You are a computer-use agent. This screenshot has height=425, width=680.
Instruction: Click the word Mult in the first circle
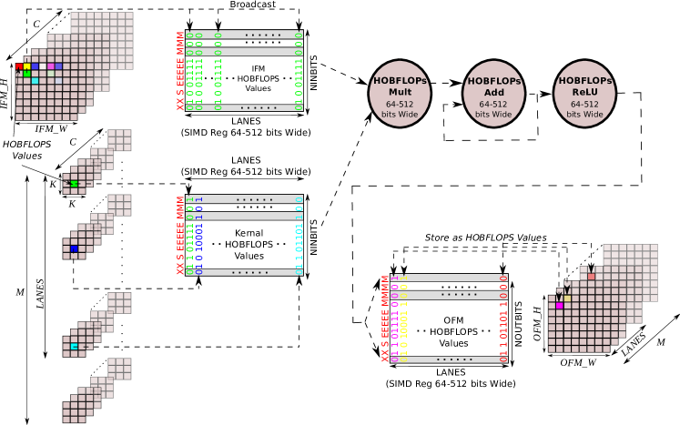pos(400,92)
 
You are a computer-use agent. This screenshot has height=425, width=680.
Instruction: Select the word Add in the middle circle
pos(494,93)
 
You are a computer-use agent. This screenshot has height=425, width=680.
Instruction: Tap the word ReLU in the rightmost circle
pos(584,93)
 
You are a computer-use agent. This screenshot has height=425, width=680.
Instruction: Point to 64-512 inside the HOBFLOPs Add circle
pos(494,104)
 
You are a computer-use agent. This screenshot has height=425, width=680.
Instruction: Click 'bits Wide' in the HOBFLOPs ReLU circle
pos(584,115)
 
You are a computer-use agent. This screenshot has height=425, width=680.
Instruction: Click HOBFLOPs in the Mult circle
pos(400,81)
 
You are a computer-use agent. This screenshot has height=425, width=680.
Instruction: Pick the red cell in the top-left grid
pos(19,66)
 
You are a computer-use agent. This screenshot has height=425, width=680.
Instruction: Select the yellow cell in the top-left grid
pos(27,66)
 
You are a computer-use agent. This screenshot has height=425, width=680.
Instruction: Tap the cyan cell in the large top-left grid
pos(35,81)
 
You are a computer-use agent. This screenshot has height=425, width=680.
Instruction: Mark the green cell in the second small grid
pos(75,184)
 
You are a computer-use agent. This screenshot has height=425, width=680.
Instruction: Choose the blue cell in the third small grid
pos(75,248)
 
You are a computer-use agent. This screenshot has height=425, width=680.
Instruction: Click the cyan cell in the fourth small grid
pos(75,347)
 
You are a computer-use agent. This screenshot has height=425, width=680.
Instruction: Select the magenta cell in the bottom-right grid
pos(559,306)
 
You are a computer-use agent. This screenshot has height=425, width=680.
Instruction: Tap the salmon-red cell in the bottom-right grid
pos(591,276)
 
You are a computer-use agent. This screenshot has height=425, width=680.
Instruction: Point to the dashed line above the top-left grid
pos(59,23)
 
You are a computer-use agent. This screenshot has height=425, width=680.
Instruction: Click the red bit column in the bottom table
pos(503,319)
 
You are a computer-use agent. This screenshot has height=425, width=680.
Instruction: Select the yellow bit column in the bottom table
pos(403,319)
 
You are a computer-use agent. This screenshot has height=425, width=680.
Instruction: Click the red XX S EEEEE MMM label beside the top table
pos(180,72)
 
